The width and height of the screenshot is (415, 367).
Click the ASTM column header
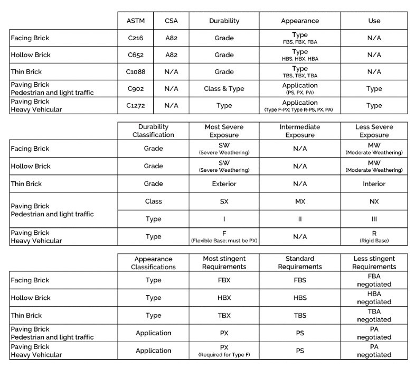[x=135, y=21]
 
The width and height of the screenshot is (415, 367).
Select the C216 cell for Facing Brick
[x=135, y=38]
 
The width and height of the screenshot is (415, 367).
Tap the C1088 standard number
[x=135, y=72]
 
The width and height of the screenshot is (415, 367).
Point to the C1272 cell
[x=135, y=106]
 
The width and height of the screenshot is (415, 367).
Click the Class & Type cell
[x=224, y=89]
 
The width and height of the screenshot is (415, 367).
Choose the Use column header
[x=374, y=21]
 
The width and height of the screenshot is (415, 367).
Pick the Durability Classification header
[x=153, y=131]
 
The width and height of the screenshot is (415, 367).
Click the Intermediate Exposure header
[x=299, y=131]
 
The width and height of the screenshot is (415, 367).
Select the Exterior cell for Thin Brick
[x=224, y=184]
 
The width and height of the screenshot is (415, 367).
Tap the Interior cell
[x=374, y=184]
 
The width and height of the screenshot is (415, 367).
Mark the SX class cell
[x=224, y=201]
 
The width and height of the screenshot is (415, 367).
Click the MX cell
[x=299, y=201]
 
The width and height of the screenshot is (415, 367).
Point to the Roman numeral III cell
[x=374, y=218]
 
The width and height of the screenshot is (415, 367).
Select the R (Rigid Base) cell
[x=374, y=236]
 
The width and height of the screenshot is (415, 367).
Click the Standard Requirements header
[x=299, y=263]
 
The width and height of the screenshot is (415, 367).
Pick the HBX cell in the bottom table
[x=224, y=298]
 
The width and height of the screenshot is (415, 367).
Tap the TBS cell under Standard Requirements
[x=299, y=315]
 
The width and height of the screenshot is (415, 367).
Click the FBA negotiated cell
[x=374, y=280]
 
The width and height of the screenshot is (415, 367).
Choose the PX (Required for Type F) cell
[x=224, y=351]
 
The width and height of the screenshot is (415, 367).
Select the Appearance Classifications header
[x=153, y=263]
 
